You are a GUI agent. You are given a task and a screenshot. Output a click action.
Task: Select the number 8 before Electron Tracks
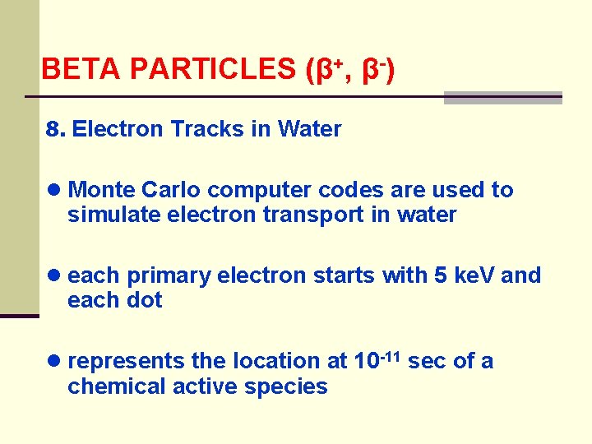54,129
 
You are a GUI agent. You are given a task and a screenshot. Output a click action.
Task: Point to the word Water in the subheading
310,129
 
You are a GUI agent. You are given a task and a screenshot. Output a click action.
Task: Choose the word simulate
104,215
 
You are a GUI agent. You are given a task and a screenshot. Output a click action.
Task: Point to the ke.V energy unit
470,275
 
